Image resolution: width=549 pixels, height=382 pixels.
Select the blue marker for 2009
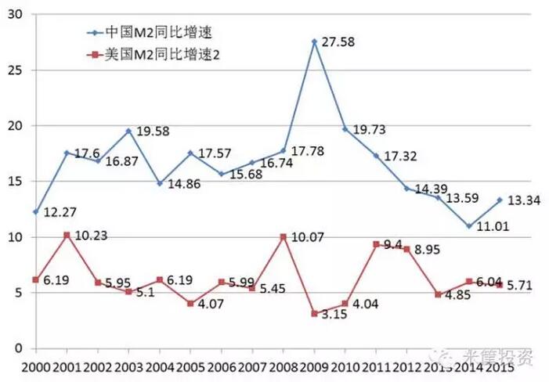click(x=314, y=41)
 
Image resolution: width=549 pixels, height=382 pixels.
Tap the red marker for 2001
click(x=67, y=235)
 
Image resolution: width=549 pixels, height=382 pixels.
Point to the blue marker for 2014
click(x=468, y=226)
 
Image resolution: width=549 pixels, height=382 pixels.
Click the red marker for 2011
click(x=376, y=244)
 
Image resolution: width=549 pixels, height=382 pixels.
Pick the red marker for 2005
click(x=190, y=304)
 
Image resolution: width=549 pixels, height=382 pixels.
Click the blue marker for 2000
click(x=35, y=211)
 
